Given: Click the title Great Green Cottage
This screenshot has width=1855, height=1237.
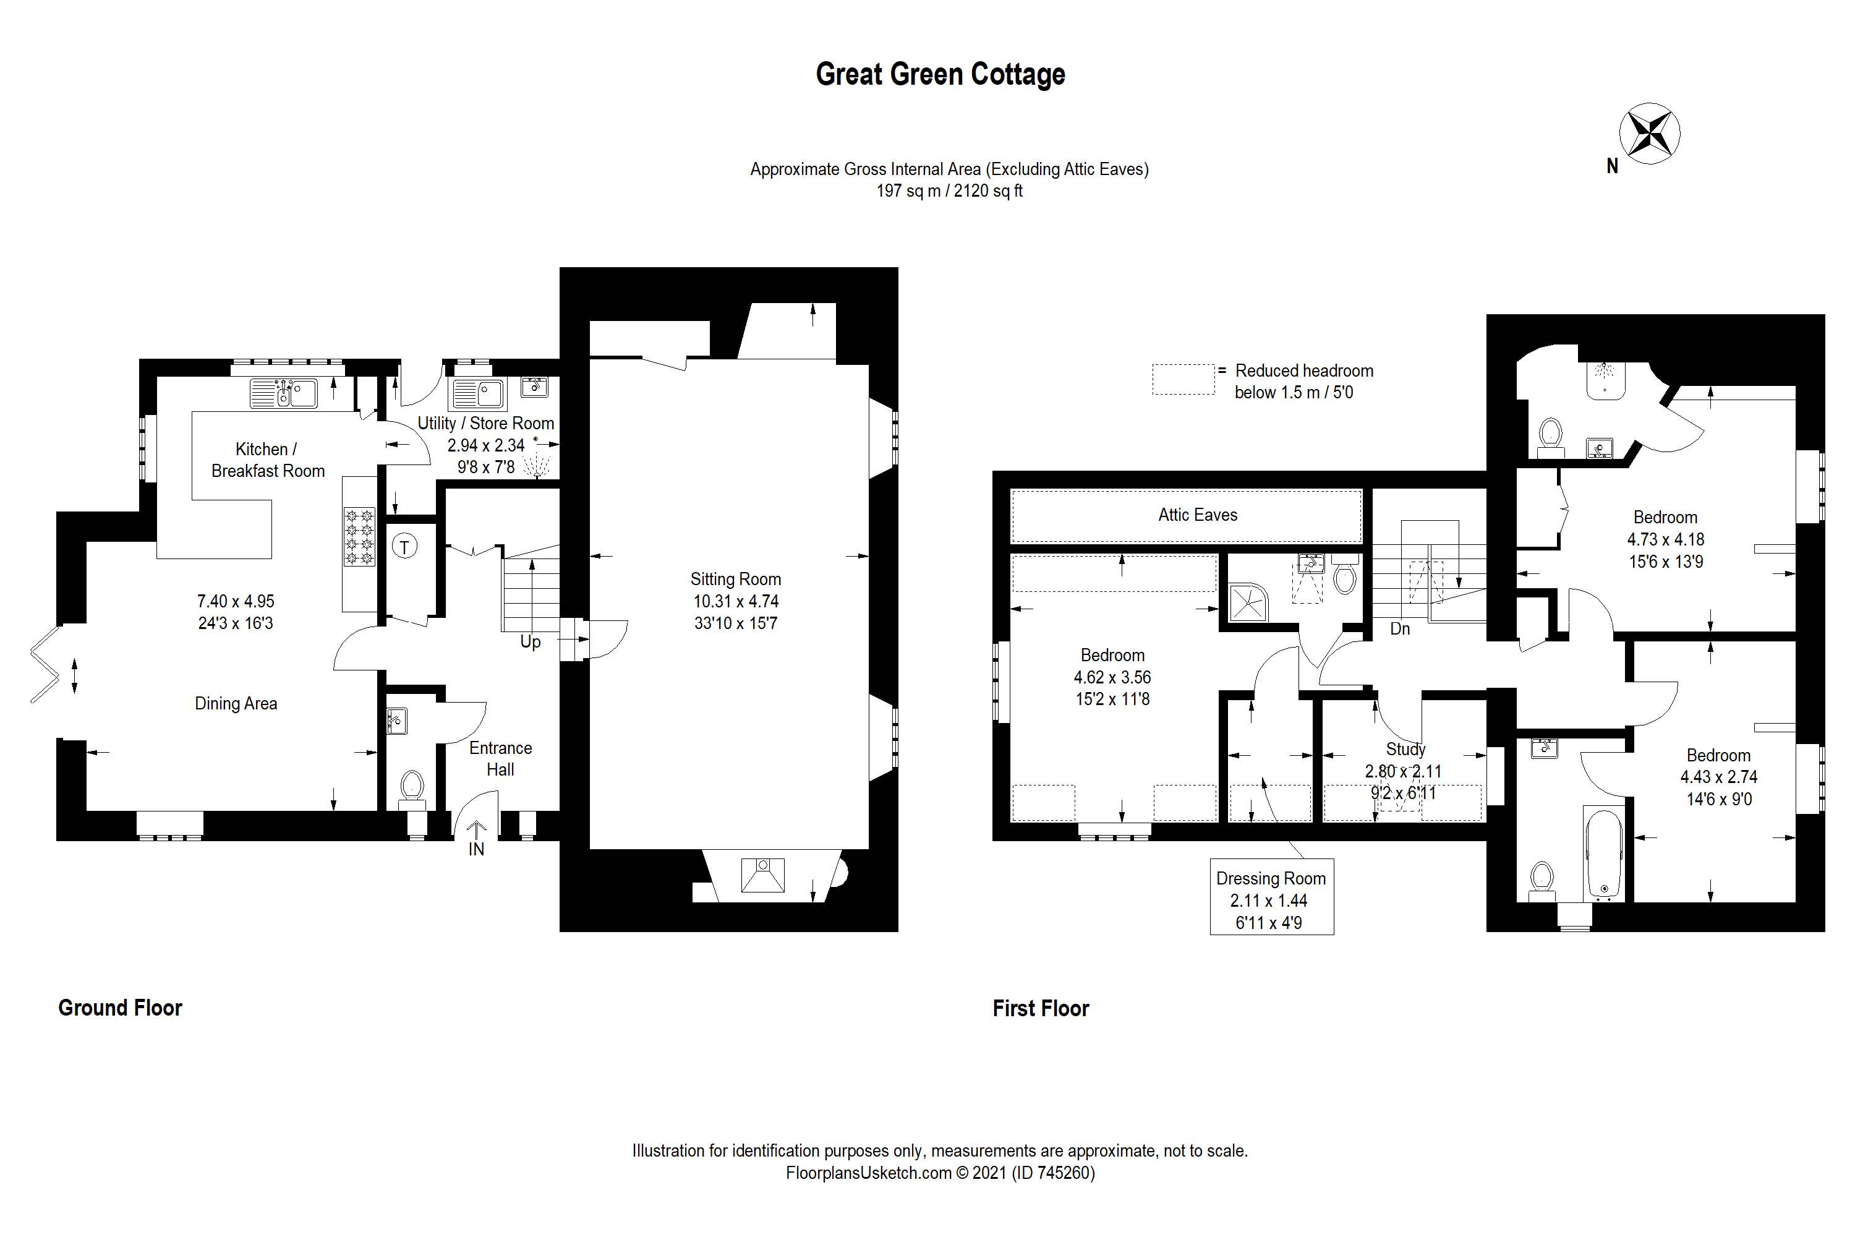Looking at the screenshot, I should click(939, 74).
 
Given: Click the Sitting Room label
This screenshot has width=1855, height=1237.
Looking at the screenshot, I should click(735, 579).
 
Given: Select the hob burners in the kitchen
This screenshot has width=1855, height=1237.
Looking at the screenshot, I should click(359, 536).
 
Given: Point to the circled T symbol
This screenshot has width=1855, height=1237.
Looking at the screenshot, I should click(404, 546).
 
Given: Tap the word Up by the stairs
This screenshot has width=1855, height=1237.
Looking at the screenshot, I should click(530, 641).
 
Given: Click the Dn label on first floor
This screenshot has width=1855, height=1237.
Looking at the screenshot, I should click(1399, 629).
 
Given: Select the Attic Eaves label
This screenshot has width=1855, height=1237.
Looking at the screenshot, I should click(1196, 515).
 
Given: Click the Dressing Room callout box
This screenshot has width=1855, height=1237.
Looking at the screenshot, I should click(1271, 899).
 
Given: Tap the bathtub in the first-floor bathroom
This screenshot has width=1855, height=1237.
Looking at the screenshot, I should click(1603, 854).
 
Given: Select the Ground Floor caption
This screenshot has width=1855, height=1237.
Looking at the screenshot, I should click(120, 1008).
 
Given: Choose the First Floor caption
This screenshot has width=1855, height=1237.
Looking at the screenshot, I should click(1039, 1008).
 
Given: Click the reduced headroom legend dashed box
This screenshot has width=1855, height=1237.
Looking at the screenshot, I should click(1182, 380).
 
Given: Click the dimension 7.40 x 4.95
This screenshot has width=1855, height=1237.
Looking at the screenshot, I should click(235, 601).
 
